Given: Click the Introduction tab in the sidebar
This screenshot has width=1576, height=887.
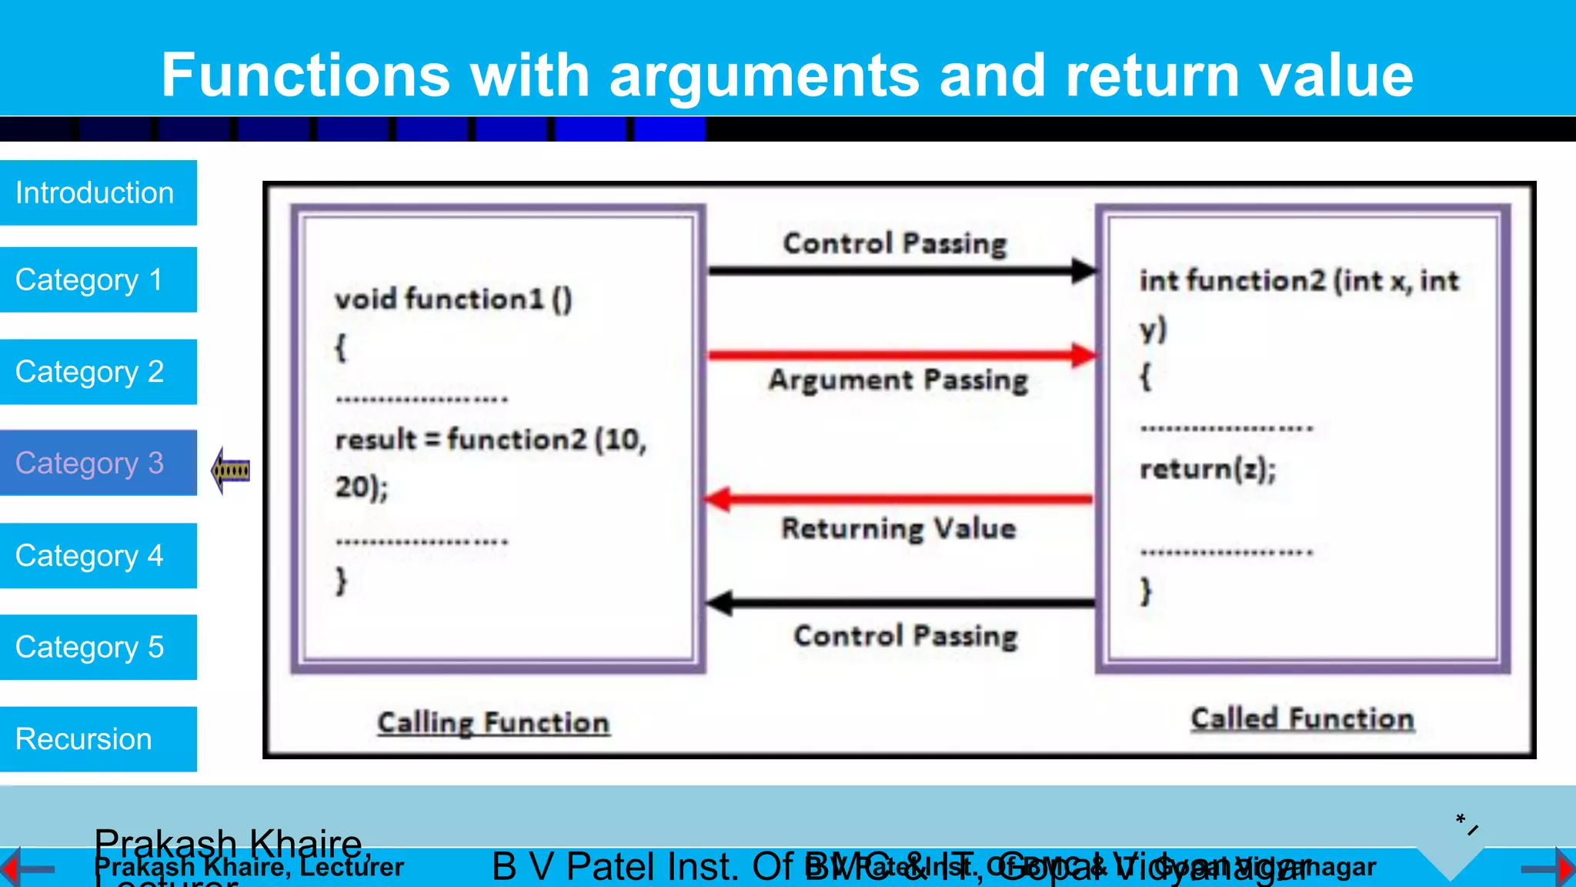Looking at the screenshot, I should tap(98, 192).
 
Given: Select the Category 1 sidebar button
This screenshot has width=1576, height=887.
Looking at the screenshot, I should tap(98, 279).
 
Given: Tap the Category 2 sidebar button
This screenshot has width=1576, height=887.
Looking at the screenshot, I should tap(98, 372).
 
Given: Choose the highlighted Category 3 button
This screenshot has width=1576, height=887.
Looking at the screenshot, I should tap(98, 463).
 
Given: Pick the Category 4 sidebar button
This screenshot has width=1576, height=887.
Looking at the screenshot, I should tap(98, 555).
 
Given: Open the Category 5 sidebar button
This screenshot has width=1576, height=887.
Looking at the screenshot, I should tap(98, 647).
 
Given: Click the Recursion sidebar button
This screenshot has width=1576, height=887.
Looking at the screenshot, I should tap(98, 738).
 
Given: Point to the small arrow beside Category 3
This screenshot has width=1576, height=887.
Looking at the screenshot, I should tap(230, 470).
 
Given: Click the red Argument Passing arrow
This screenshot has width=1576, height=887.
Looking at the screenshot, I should tap(900, 355).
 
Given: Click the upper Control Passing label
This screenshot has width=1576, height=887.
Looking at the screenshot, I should tap(894, 243).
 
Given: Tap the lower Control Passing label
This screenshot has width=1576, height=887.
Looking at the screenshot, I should tap(905, 636).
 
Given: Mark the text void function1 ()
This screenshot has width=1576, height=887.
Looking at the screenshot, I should tap(453, 299).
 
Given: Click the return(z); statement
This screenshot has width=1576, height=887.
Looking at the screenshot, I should tap(1207, 469).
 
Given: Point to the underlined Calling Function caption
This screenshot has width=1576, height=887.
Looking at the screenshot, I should tap(492, 722).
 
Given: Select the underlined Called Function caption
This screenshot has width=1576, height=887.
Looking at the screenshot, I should tap(1302, 718).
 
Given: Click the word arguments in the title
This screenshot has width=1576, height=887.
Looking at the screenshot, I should tap(764, 75).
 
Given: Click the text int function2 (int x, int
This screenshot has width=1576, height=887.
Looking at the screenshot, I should tap(1298, 280).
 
